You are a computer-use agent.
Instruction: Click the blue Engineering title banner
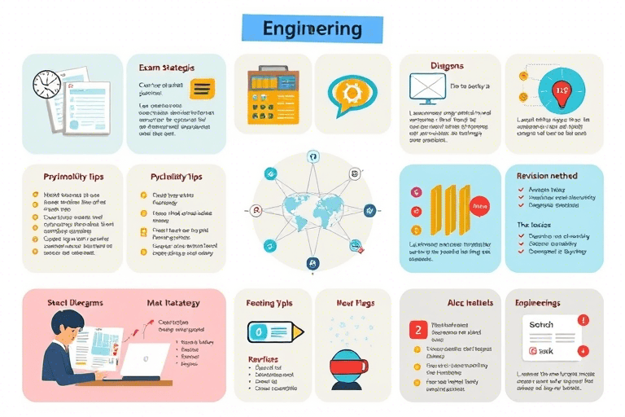point(312,29)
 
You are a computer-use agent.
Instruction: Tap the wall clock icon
point(47,86)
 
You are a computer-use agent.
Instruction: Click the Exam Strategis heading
point(166,68)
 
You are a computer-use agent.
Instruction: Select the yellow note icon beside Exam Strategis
point(200,88)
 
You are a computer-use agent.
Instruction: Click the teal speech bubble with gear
point(351,94)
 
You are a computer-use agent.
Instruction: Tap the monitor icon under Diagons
point(426,90)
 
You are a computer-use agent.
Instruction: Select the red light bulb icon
point(562,91)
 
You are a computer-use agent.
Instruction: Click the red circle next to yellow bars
point(479,208)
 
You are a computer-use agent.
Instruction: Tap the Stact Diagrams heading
point(75,303)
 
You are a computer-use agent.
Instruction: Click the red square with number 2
point(417,330)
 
